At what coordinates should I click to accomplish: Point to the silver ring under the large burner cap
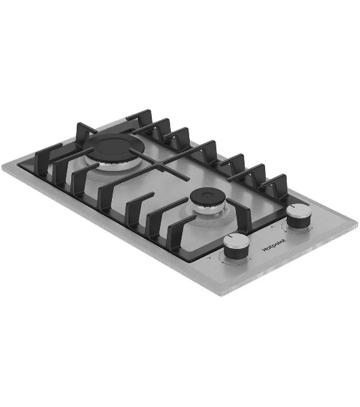click(x=114, y=165)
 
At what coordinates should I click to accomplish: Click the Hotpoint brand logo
click(x=274, y=245)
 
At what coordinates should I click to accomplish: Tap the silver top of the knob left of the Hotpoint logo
click(x=237, y=241)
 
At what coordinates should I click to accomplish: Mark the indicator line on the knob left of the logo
click(x=231, y=236)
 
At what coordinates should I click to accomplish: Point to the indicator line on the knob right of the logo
click(x=294, y=206)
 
